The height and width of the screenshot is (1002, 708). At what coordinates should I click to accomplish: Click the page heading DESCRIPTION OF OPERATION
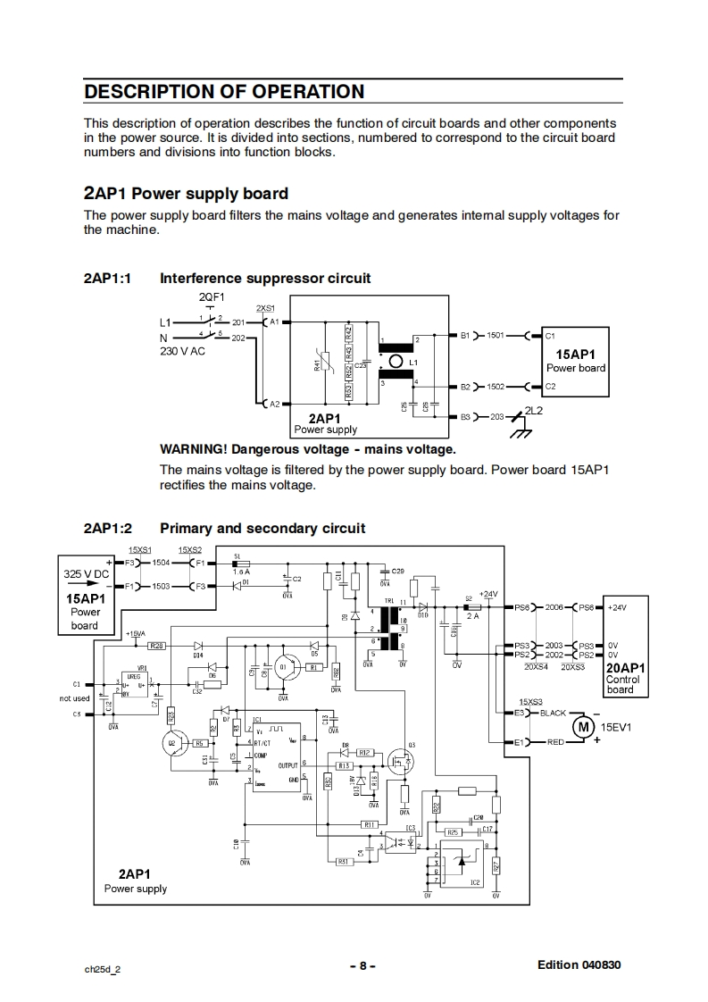224,92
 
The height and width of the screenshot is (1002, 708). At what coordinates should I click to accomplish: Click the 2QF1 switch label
212,297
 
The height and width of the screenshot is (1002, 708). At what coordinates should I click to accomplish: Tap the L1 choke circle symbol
397,361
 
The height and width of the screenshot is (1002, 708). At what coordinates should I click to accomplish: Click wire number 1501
496,336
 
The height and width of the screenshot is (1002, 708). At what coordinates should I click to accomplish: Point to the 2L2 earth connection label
535,410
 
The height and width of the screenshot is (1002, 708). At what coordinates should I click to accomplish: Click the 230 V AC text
183,351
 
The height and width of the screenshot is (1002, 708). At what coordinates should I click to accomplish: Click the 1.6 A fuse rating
241,572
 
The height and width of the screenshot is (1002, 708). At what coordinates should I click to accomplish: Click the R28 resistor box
156,645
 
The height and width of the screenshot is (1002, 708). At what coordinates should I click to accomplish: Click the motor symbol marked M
583,726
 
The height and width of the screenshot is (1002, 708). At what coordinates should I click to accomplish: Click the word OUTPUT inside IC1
288,765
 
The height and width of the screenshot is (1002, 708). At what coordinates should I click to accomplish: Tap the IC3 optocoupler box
399,843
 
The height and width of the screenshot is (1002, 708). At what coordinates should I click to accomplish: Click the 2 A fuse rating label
472,615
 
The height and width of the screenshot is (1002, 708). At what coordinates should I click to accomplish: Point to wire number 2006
554,607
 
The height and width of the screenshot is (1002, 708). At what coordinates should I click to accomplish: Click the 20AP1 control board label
626,667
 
